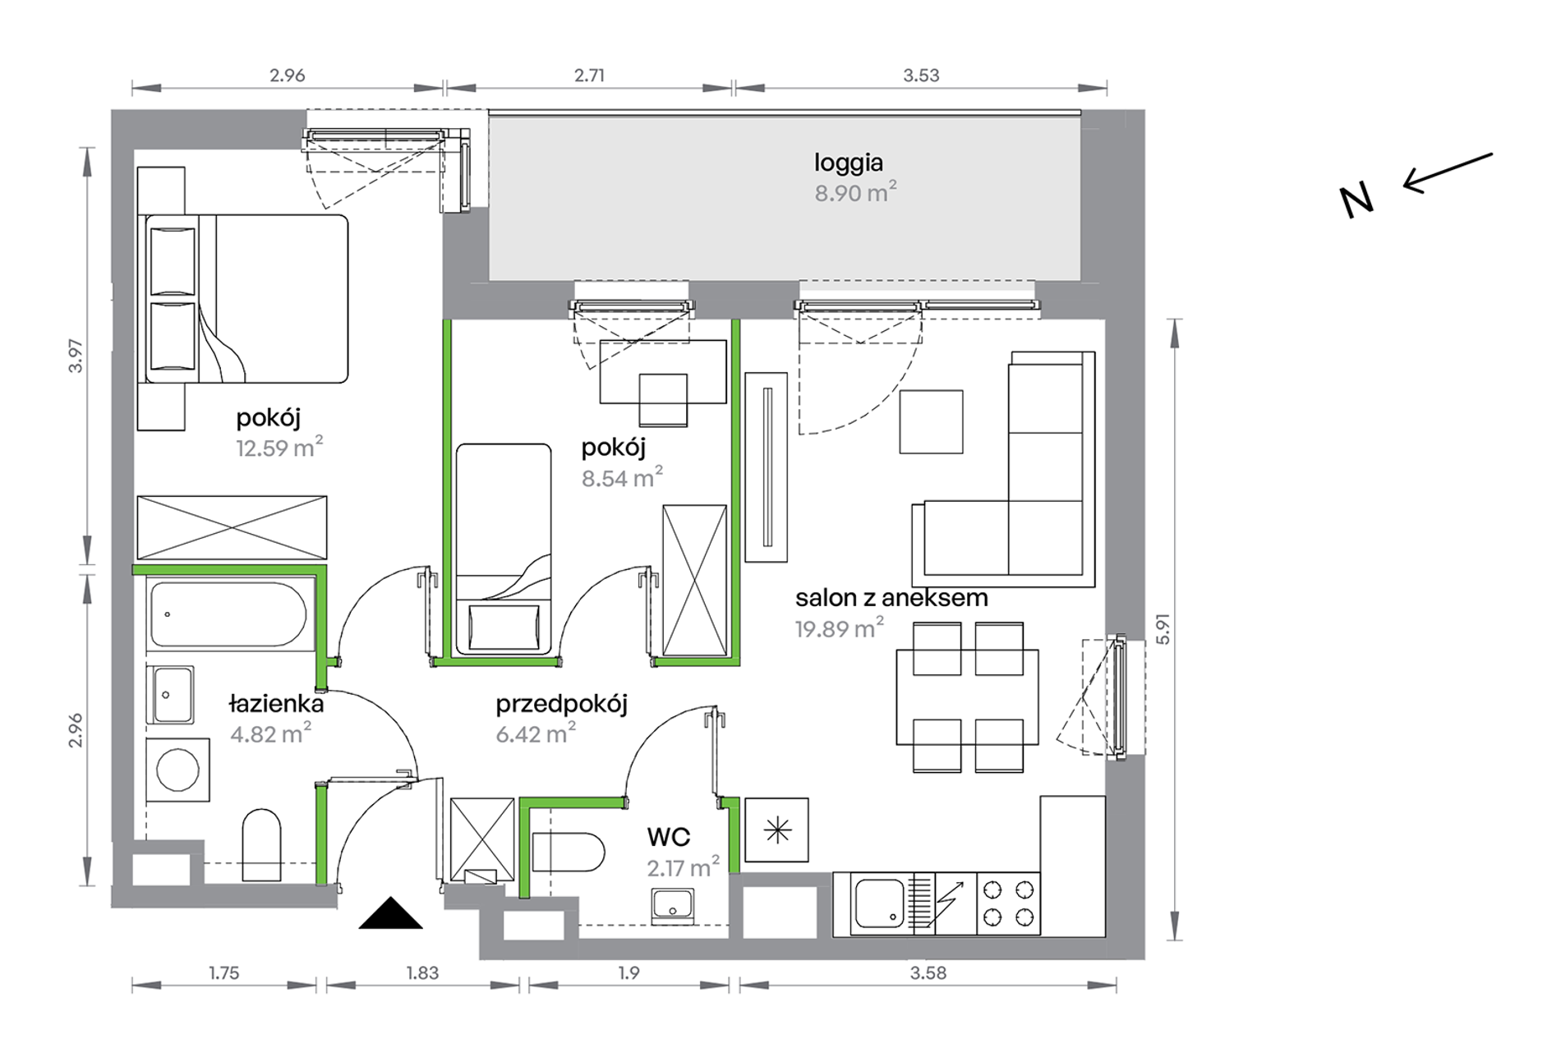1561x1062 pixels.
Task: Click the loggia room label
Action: tap(849, 163)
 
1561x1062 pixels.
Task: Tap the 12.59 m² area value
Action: tap(279, 448)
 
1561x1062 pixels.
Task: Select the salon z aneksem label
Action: tap(891, 598)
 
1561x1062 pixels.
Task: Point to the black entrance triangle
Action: tap(391, 913)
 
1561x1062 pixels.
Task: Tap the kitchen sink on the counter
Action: tap(879, 903)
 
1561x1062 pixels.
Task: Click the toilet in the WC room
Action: tap(568, 853)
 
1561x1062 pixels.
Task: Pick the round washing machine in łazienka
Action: tap(177, 770)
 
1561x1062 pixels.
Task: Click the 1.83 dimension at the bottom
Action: tap(422, 973)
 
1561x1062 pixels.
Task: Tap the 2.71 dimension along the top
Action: tap(589, 76)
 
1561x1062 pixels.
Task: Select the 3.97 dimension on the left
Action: tap(76, 356)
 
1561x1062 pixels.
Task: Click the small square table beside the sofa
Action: tap(931, 421)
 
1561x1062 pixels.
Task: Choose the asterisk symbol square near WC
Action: tap(776, 830)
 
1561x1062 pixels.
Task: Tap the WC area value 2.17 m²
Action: tap(683, 867)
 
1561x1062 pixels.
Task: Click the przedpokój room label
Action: tap(561, 705)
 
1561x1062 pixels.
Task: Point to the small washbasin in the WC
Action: tap(673, 907)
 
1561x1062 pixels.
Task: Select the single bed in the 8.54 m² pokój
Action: tap(504, 549)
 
